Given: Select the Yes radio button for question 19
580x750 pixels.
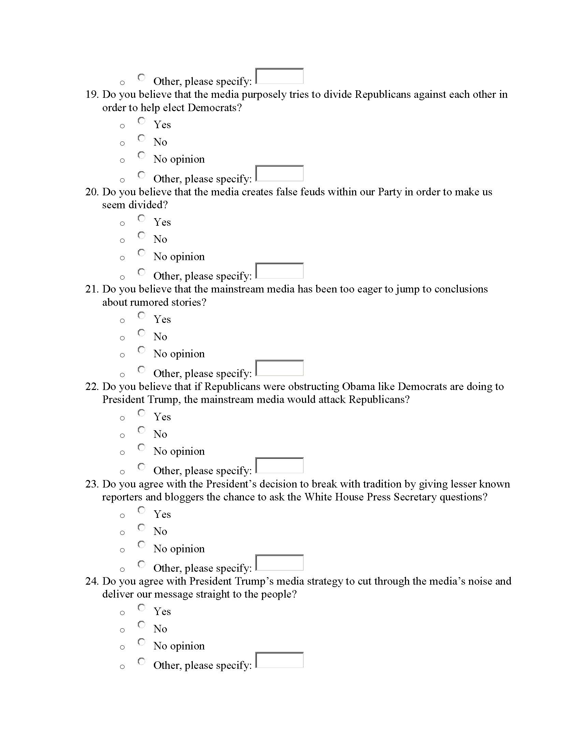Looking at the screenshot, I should click(142, 121).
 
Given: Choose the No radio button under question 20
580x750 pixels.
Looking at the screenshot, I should click(142, 236).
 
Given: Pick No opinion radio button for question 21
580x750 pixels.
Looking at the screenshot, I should click(142, 350).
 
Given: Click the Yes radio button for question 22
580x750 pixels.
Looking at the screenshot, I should click(142, 413).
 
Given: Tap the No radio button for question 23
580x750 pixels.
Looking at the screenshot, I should click(142, 527).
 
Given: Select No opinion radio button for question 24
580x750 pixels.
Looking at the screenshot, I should click(142, 642).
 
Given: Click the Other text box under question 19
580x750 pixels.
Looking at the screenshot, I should click(280, 174).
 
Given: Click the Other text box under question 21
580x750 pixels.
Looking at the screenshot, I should click(280, 368).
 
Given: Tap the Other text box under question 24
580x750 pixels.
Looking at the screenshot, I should click(280, 660).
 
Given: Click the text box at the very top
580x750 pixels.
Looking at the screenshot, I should click(280, 76).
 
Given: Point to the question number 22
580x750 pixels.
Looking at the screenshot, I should click(92, 387).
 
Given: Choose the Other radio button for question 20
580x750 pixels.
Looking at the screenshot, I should click(142, 272).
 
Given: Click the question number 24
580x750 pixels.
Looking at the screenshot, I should click(92, 581).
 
